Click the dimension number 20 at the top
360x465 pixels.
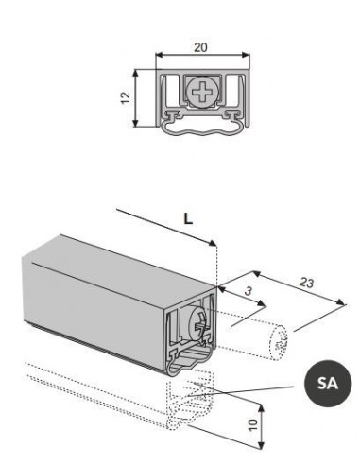coord(200,47)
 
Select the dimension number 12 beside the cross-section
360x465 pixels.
coord(126,98)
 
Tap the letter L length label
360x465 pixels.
coord(188,218)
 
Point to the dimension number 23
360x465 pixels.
coord(306,283)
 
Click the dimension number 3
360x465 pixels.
coord(249,291)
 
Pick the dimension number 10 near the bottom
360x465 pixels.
coord(253,424)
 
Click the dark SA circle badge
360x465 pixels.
coord(328,384)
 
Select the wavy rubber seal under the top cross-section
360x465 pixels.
coord(203,130)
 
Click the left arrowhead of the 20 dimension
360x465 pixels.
coord(160,55)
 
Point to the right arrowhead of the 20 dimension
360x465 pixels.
coord(246,55)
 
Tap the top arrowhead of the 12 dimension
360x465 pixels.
coord(135,73)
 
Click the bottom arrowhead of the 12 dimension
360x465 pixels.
coord(135,123)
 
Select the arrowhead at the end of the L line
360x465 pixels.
coord(213,243)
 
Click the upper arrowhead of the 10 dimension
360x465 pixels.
coord(261,408)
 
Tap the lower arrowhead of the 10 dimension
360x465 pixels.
coord(261,445)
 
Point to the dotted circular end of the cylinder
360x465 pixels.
coord(279,342)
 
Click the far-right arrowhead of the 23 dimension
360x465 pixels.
coord(341,302)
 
